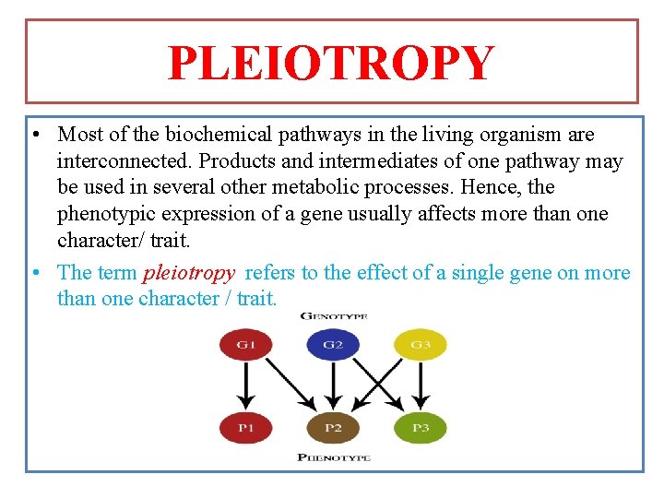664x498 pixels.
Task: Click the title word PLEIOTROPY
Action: (331, 63)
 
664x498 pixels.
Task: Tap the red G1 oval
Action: (245, 347)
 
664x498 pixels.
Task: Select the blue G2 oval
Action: (333, 347)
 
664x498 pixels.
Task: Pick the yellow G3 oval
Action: (421, 347)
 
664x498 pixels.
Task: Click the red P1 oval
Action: (245, 427)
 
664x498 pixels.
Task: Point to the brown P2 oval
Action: (333, 427)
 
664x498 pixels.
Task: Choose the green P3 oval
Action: (421, 427)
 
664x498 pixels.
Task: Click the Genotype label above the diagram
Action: (334, 316)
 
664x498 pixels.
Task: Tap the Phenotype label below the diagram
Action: (334, 457)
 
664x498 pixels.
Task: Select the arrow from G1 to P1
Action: (245, 385)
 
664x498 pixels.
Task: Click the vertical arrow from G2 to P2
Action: (333, 385)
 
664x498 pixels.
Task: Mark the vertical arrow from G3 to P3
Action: (421, 385)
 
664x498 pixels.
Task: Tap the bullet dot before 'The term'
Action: (33, 274)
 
